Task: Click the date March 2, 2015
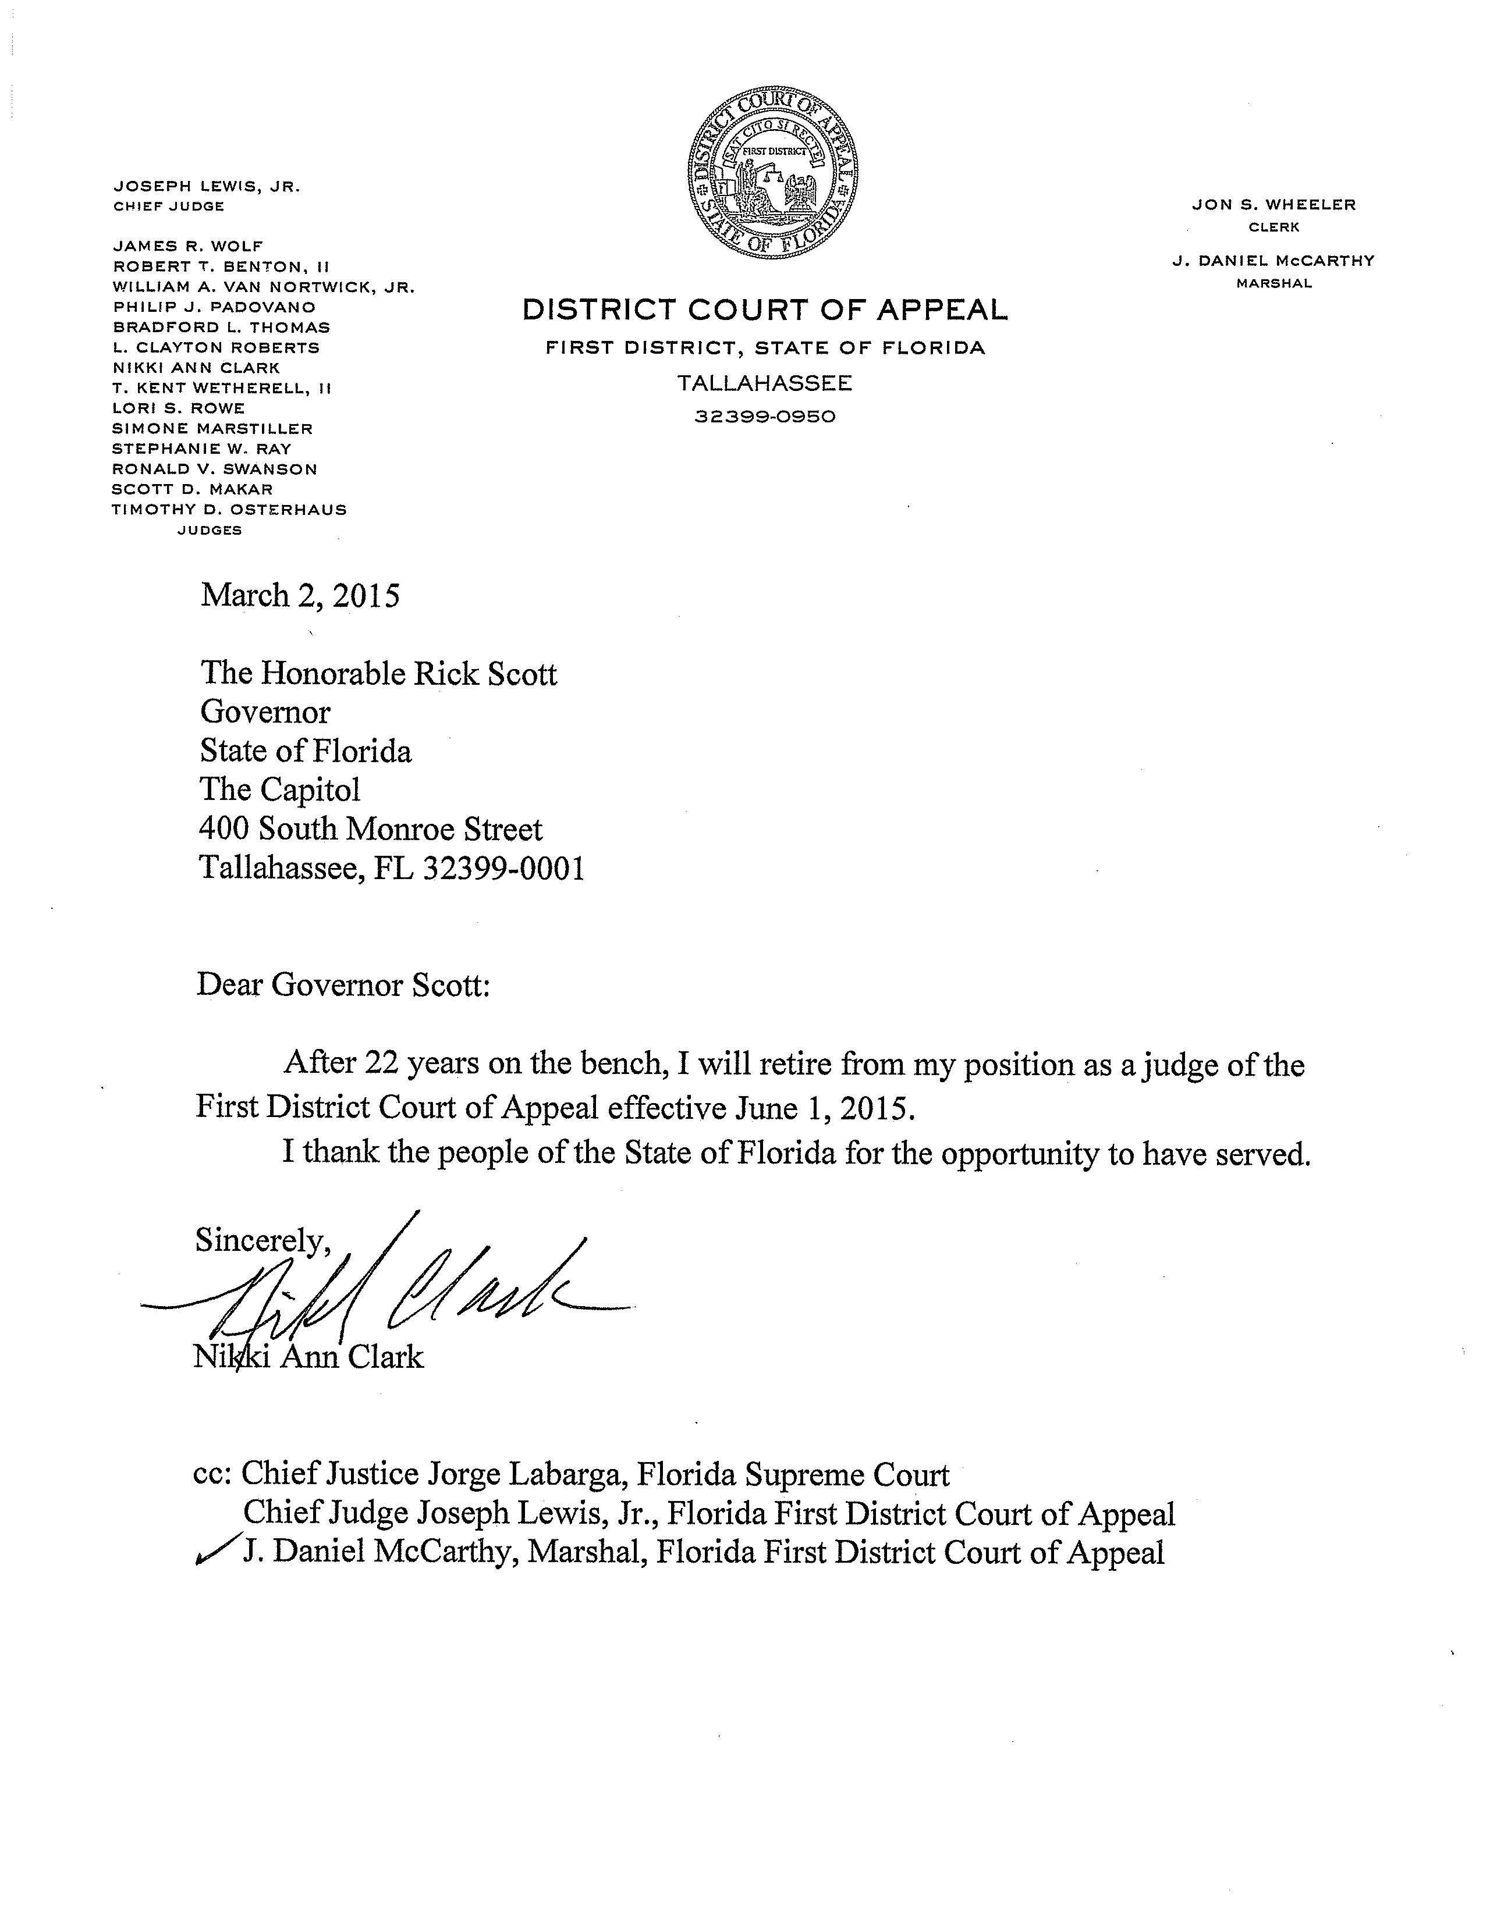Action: (300, 596)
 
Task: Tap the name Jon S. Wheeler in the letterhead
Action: (1273, 205)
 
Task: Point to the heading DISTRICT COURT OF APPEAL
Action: (765, 310)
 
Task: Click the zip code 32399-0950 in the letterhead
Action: (765, 416)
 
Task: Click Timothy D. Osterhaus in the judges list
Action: (229, 509)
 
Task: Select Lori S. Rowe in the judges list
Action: (178, 408)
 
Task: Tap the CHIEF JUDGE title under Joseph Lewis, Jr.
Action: (169, 207)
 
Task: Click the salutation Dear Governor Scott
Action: (342, 985)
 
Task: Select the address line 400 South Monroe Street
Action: (371, 828)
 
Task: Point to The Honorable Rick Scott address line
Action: (378, 673)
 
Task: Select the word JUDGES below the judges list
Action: (210, 530)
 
